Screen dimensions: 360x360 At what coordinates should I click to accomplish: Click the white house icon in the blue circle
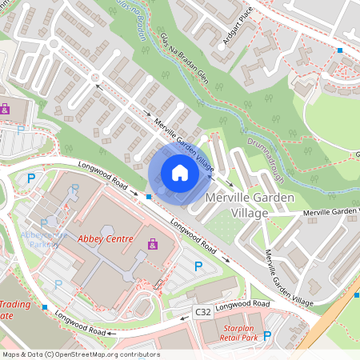coord(180,172)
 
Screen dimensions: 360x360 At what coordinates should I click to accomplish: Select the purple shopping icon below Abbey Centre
coord(152,243)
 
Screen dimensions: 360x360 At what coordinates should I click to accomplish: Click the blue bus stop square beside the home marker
coord(149,195)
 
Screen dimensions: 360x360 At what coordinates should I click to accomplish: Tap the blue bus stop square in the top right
coord(340,50)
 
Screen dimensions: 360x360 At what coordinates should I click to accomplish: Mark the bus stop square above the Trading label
coord(45,307)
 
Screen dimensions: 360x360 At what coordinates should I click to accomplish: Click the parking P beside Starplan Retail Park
coord(268,337)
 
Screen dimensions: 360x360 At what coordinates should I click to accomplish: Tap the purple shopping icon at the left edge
coord(5,109)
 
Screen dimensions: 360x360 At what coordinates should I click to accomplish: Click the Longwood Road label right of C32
coord(242,305)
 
